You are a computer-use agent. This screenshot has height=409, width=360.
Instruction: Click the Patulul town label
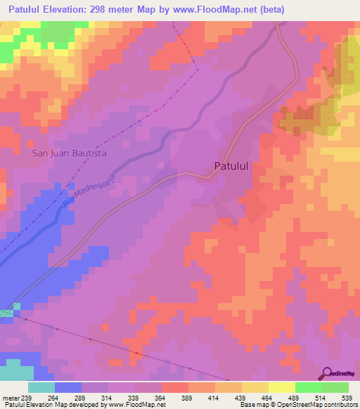tap(231, 167)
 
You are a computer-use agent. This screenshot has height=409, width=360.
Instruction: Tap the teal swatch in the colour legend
tap(41, 387)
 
